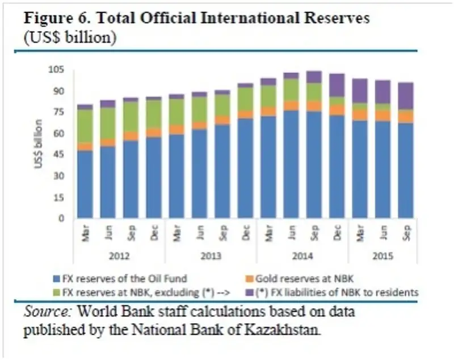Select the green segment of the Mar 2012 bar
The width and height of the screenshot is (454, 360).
(85, 125)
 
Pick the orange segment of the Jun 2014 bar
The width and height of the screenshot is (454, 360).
(291, 106)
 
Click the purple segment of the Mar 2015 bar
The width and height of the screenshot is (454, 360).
(360, 91)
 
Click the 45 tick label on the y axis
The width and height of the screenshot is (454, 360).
(59, 154)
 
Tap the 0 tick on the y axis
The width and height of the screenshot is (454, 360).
(64, 219)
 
